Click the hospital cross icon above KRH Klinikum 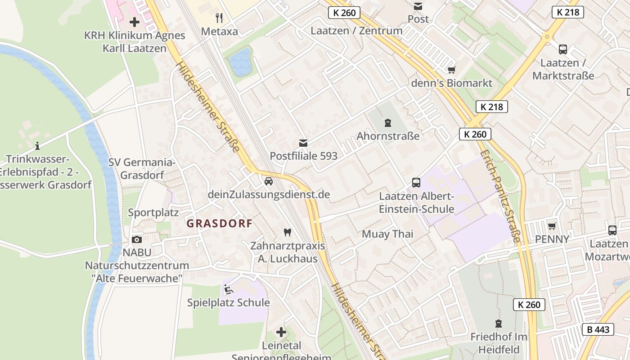(134, 22)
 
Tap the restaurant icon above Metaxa (219, 18)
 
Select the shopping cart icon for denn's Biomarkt (451, 70)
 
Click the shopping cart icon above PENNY (552, 226)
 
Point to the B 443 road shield (598, 329)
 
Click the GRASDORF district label (219, 224)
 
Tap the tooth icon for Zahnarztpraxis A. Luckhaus (287, 233)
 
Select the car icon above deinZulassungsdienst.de (268, 181)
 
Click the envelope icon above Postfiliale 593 (303, 143)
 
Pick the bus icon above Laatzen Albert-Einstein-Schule (416, 183)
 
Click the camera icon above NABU (137, 239)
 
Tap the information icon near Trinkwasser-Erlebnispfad (37, 146)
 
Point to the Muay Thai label (387, 234)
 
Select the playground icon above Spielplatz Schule (228, 289)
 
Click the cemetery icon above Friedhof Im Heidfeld (498, 323)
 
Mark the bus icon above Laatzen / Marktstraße (562, 49)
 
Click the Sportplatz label (153, 212)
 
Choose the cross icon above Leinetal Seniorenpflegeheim (281, 332)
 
